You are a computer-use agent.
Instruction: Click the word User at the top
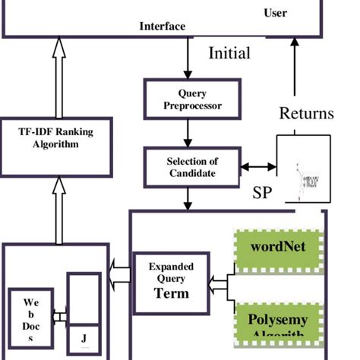(275, 12)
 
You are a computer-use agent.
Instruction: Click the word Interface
(162, 27)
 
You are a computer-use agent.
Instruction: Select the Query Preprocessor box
(193, 99)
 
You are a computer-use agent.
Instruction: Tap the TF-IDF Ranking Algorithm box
(56, 137)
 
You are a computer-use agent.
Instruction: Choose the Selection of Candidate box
(192, 167)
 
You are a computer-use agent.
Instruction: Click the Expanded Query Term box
(171, 279)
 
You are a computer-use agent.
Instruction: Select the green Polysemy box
(278, 325)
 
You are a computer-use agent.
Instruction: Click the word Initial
(229, 54)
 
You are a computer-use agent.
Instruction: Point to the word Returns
(306, 114)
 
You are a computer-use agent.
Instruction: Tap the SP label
(261, 192)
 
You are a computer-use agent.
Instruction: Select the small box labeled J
(84, 338)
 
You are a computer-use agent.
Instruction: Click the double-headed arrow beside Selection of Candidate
(258, 167)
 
